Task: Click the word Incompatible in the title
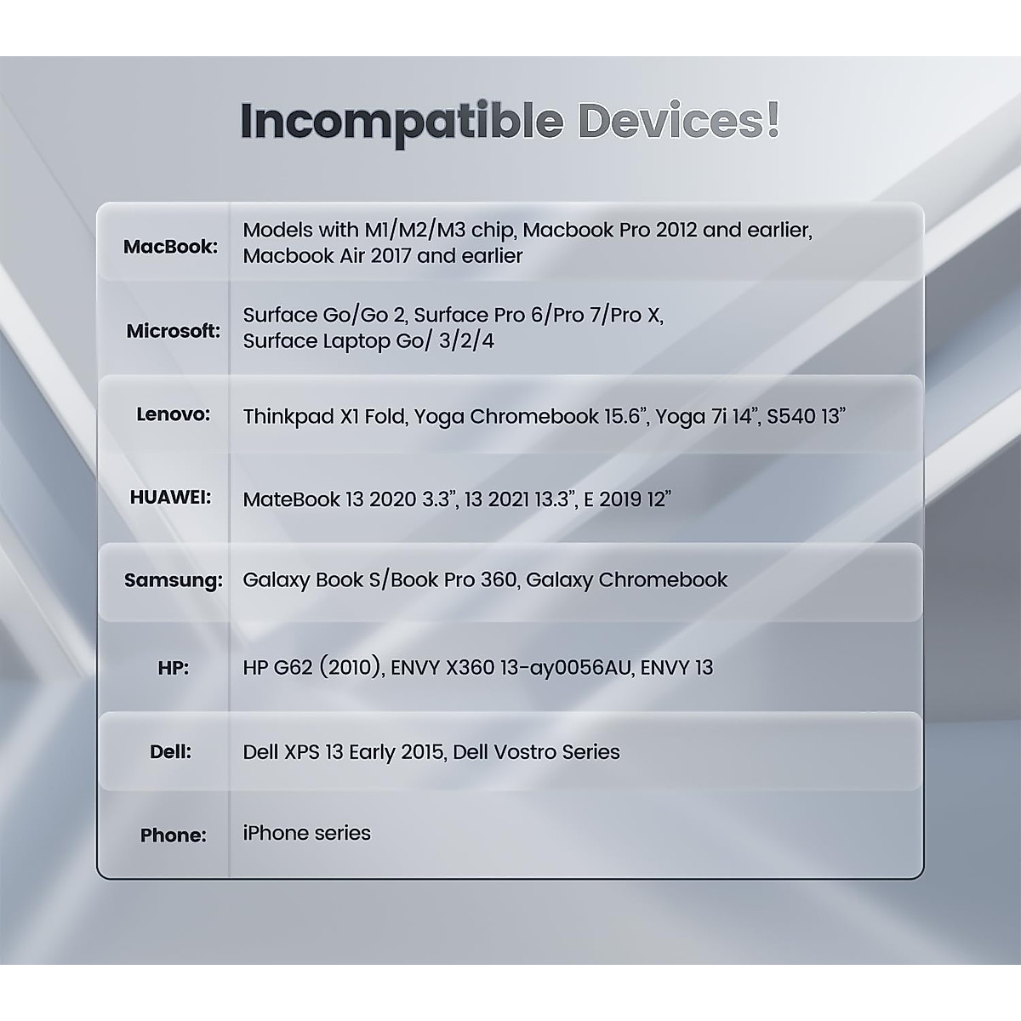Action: click(401, 122)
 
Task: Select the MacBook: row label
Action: click(171, 247)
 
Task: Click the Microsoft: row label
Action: click(174, 331)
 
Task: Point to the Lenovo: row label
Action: click(174, 414)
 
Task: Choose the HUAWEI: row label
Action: click(171, 497)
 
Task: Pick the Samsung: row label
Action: click(174, 580)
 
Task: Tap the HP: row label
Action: click(174, 668)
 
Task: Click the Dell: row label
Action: click(171, 751)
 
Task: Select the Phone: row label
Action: click(174, 835)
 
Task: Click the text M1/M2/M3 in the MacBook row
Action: click(415, 230)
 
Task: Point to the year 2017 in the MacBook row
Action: click(391, 256)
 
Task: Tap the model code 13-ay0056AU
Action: click(566, 668)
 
